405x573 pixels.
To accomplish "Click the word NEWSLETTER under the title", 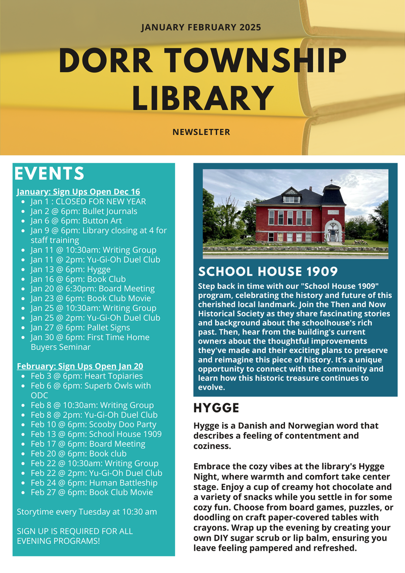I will click(201, 132).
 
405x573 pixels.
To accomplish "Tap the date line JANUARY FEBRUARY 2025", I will click(201, 27).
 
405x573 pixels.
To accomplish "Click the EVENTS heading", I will click(49, 174).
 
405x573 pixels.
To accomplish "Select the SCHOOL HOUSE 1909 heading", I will click(268, 271).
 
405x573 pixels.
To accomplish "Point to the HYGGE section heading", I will click(216, 408).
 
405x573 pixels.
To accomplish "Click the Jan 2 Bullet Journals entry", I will click(84, 211).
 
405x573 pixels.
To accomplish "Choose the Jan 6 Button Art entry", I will click(76, 221).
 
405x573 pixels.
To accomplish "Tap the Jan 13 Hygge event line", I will click(70, 270).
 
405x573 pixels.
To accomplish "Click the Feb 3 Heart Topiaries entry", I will click(87, 376).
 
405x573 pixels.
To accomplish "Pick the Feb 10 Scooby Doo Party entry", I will click(94, 425).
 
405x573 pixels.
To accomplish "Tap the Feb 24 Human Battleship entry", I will click(94, 483).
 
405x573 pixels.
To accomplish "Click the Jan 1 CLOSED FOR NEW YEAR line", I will click(88, 202).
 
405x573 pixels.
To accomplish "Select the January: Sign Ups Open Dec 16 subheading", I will click(78, 192).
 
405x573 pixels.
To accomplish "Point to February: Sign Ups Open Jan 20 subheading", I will click(80, 366).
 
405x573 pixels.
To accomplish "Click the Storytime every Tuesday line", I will click(87, 512).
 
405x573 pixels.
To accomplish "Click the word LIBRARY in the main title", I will click(202, 98).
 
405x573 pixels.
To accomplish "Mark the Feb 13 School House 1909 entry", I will click(96, 434).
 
